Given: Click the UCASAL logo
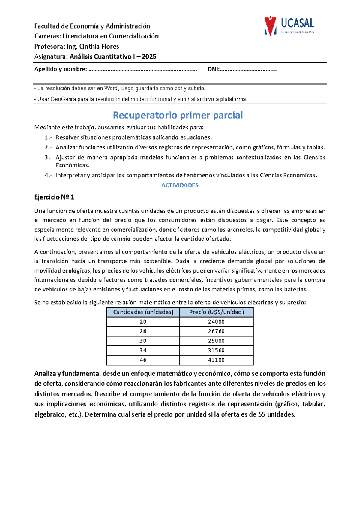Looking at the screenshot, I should pyautogui.click(x=289, y=26).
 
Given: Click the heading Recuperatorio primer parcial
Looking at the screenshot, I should pyautogui.click(x=178, y=115).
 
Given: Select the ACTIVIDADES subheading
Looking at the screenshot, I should pyautogui.click(x=180, y=185).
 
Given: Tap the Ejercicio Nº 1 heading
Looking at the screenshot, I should pyautogui.click(x=54, y=197).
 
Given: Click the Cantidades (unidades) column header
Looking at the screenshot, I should pyautogui.click(x=143, y=312).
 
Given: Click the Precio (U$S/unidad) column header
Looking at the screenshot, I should pyautogui.click(x=216, y=312).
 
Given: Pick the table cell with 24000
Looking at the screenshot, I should pyautogui.click(x=216, y=322).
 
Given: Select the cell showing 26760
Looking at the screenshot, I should pyautogui.click(x=216, y=331).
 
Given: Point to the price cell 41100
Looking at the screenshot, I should pyautogui.click(x=216, y=360).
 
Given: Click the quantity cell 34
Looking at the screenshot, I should pyautogui.click(x=143, y=350).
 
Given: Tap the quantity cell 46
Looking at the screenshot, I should pyautogui.click(x=143, y=360).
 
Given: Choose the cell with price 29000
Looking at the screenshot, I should pyautogui.click(x=216, y=341).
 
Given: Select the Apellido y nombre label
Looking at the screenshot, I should pyautogui.click(x=61, y=69).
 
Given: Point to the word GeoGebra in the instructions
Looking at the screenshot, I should pyautogui.click(x=63, y=99).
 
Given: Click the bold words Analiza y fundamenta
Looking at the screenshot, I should pyautogui.click(x=67, y=374).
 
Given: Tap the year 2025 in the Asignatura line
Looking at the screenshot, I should pyautogui.click(x=149, y=56).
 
